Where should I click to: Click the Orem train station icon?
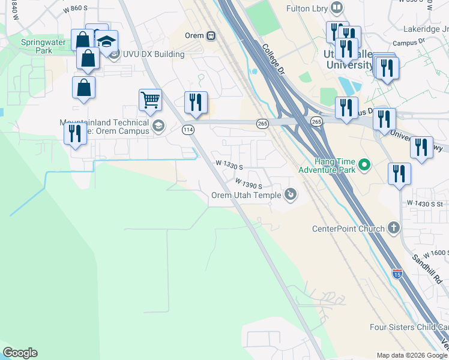point(211,36)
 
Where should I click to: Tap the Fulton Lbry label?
point(305,8)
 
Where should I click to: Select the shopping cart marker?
point(150,100)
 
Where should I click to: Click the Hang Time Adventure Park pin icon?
point(363,164)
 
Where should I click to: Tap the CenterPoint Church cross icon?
point(393,228)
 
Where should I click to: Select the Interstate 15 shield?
point(397,273)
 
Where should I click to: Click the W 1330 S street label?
point(229,164)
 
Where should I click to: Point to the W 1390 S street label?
point(249,182)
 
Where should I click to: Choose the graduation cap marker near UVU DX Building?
point(107,41)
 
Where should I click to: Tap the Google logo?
point(20,353)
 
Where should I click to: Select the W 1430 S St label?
point(427,204)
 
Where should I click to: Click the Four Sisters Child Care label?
point(408,327)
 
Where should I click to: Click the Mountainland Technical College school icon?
point(158,125)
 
